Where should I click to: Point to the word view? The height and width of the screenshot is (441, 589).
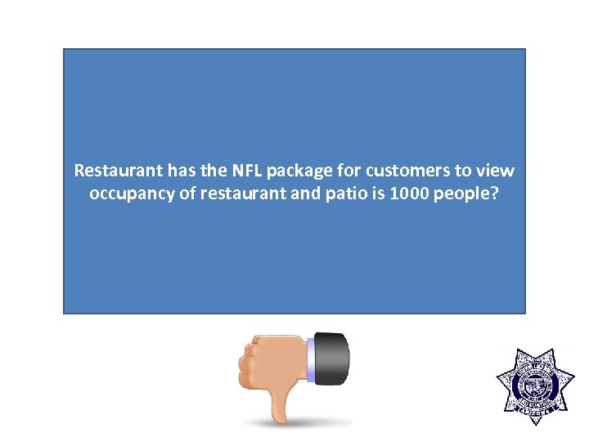[x=496, y=171]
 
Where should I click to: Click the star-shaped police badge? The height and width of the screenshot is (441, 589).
[x=535, y=388]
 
